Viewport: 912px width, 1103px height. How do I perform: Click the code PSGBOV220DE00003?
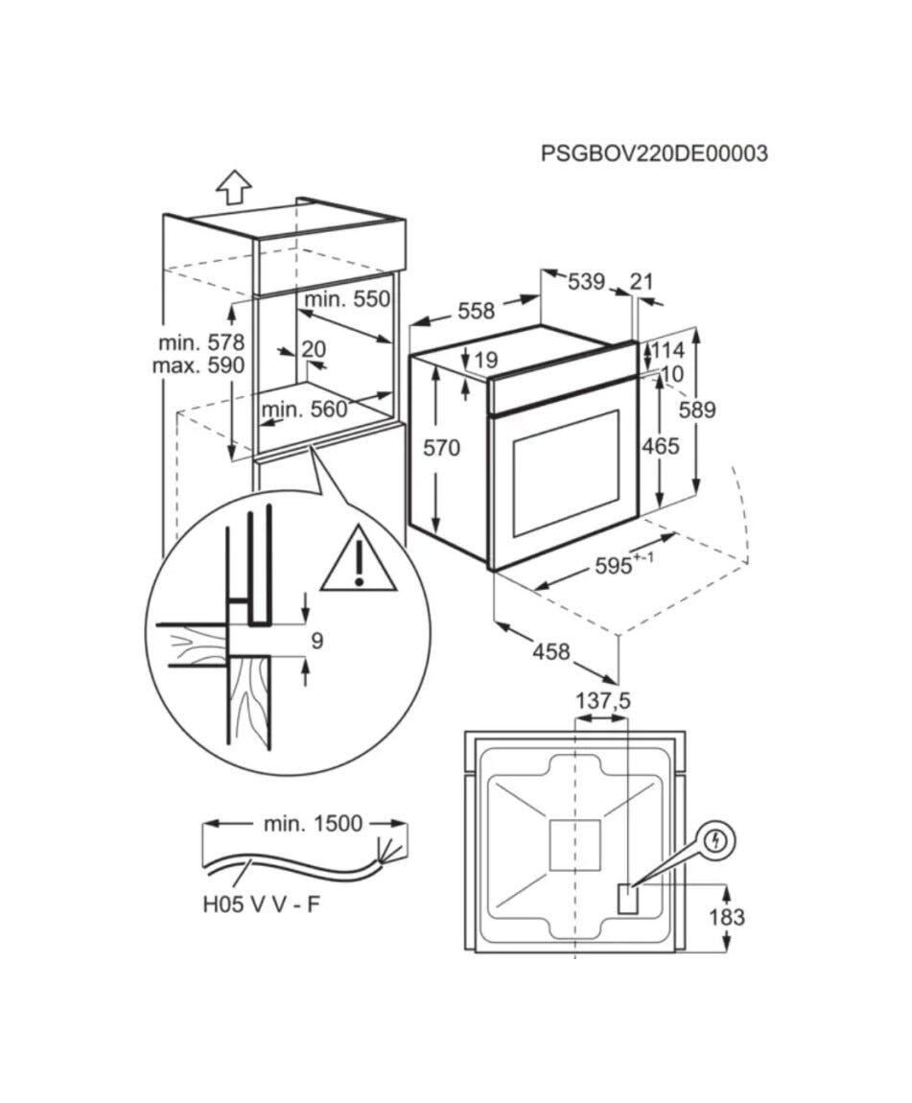coord(654,153)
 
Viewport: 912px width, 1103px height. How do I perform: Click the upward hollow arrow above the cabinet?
coord(234,187)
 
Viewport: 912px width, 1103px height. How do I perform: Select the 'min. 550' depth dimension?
coord(346,299)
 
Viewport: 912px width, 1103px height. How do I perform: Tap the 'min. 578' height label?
coord(201,342)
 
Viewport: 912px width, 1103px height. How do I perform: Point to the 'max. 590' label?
coord(199,365)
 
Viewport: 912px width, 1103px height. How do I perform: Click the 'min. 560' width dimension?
coord(305,410)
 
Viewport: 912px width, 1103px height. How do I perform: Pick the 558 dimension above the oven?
coord(476,310)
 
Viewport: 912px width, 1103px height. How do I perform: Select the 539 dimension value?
coord(587,281)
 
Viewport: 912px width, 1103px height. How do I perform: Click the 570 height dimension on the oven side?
coord(441,447)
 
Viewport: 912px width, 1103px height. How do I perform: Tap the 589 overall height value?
coord(697,410)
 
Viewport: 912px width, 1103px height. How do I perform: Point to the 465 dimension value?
coord(660,446)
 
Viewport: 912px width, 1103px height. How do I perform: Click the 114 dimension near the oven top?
coord(666,350)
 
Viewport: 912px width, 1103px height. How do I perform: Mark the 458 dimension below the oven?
coord(550,652)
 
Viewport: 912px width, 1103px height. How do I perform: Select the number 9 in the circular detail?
coord(317,641)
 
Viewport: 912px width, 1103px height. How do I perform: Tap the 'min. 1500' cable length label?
coord(313,823)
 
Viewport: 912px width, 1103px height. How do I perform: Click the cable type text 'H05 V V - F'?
coord(261,904)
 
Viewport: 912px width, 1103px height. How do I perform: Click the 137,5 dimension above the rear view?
coord(603,700)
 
